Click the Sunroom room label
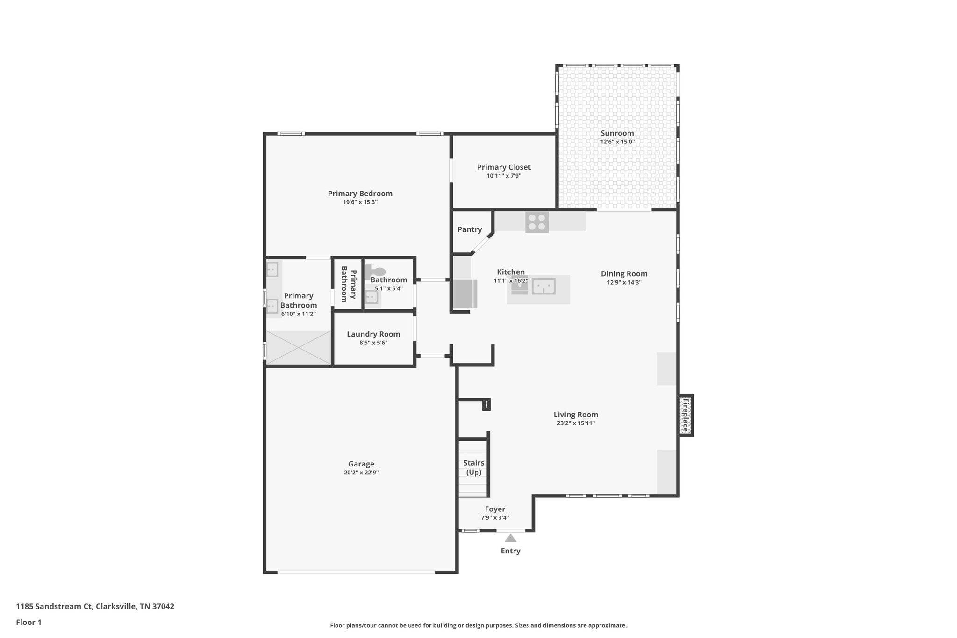tap(617, 133)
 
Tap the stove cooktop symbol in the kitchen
tap(536, 222)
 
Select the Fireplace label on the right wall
tap(685, 415)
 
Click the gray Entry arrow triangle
tap(510, 538)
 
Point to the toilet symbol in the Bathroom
tap(377, 271)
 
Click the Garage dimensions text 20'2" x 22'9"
tap(361, 473)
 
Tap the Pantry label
tap(469, 229)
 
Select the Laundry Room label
tap(373, 334)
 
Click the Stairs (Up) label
tap(473, 467)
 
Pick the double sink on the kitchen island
tap(544, 286)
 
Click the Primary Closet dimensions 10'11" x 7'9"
tap(504, 176)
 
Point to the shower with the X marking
tap(298, 347)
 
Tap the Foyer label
tap(495, 509)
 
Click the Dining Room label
tap(624, 274)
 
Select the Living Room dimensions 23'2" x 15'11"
tap(576, 423)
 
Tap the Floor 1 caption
tap(29, 622)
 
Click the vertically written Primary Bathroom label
tap(348, 284)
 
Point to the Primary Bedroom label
tap(360, 194)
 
